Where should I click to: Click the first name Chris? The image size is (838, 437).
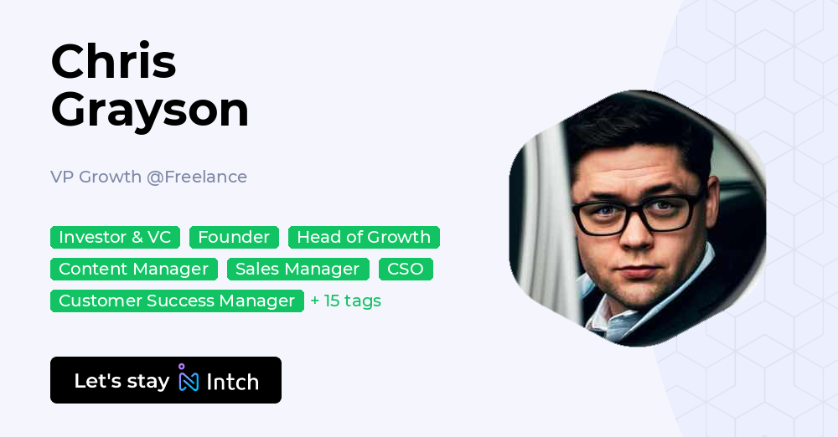[113, 61]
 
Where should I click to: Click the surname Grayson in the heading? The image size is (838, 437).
[150, 109]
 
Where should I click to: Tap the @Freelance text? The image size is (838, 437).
[197, 177]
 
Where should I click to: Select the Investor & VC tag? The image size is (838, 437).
[115, 237]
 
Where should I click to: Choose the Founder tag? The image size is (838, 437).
[234, 237]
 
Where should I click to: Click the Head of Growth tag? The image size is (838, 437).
[364, 237]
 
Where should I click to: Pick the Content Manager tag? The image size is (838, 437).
[133, 269]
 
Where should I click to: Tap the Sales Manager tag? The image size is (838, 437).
[297, 269]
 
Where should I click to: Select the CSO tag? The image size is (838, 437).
[406, 269]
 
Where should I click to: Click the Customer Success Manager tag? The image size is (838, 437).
[177, 301]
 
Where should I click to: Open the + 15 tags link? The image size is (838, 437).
[345, 301]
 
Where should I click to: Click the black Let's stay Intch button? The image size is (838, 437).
[166, 380]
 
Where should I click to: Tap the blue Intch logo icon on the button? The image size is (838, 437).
[189, 379]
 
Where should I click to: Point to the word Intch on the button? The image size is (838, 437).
[232, 382]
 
